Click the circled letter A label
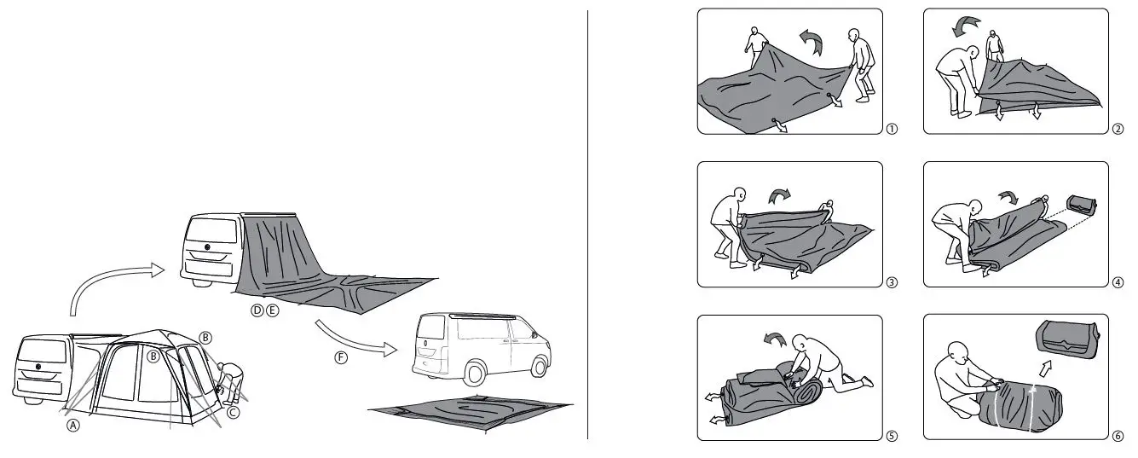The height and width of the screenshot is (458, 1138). pos(73,426)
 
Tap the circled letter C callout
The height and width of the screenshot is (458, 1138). pos(233,411)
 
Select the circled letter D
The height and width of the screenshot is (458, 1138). pos(257,310)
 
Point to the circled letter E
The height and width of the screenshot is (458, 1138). pos(272,310)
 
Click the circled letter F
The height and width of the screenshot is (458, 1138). pos(341,357)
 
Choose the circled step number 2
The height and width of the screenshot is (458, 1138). pos(1118,130)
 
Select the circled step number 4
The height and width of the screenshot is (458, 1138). pos(1118,282)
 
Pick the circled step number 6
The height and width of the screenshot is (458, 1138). pos(1118,435)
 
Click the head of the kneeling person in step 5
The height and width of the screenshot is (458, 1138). pos(801,343)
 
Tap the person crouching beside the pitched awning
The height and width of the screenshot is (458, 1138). pos(229,380)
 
